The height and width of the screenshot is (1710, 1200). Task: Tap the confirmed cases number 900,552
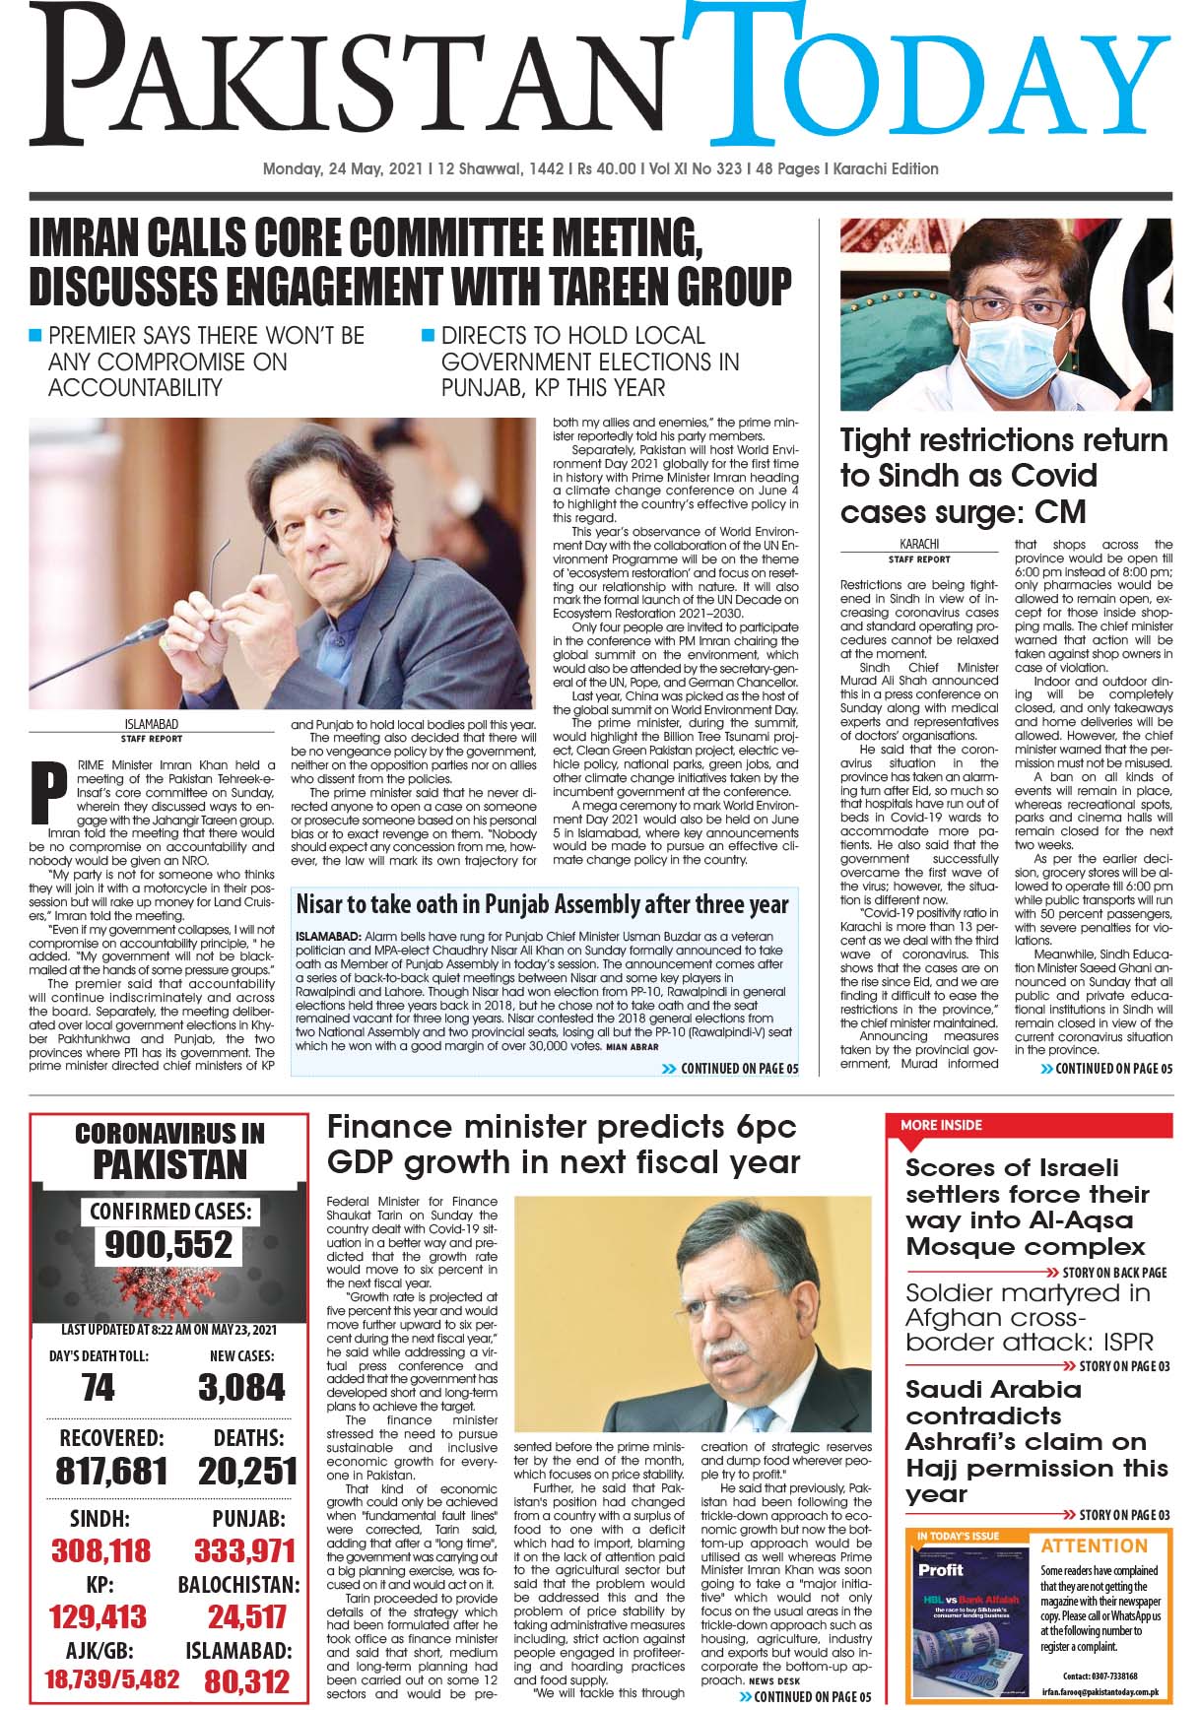tap(169, 1245)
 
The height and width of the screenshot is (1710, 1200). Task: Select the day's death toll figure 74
tap(99, 1388)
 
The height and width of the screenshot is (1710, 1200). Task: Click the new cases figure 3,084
tap(241, 1388)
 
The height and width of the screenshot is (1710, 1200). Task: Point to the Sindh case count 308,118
tap(100, 1551)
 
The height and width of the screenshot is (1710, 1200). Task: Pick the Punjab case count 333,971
tap(244, 1551)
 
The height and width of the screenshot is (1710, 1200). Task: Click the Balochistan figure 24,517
tap(246, 1616)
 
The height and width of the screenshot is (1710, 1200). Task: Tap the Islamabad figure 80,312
tap(246, 1680)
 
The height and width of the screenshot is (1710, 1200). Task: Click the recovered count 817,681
tap(111, 1472)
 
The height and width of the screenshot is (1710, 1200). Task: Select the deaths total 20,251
tap(247, 1472)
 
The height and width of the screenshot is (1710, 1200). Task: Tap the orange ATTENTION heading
tap(1094, 1546)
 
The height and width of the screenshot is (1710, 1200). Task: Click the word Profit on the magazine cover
tap(941, 1569)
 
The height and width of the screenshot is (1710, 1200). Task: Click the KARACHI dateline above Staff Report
tap(919, 544)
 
